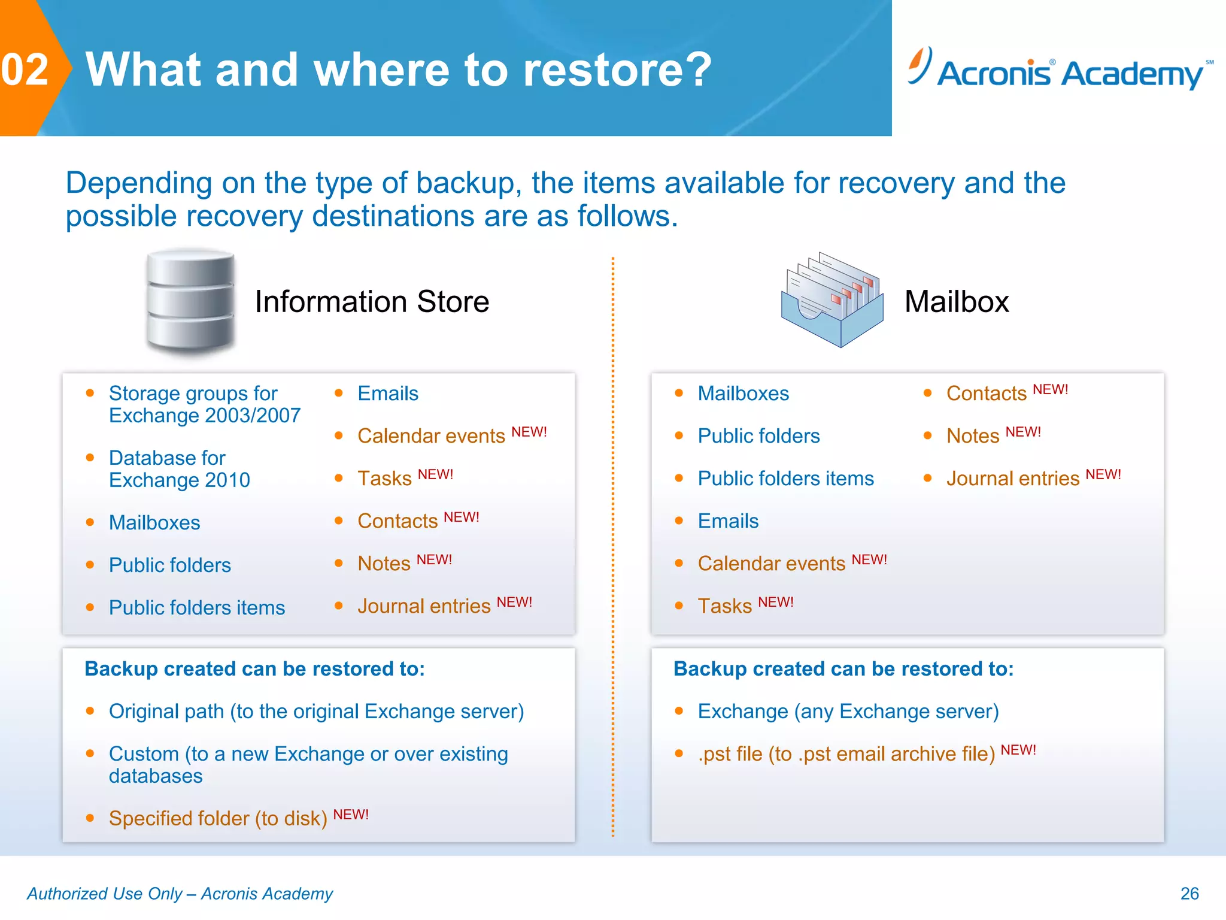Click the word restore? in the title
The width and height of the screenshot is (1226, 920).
(617, 70)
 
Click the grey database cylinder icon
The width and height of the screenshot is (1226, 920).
(190, 301)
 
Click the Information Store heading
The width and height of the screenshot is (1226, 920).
(372, 302)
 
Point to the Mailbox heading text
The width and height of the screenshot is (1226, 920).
(956, 302)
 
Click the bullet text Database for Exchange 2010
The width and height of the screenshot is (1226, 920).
(179, 469)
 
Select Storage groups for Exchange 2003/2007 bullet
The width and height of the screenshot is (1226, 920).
(204, 404)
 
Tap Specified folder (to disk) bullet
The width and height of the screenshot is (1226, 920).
(218, 818)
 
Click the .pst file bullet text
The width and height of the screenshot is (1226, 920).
(846, 754)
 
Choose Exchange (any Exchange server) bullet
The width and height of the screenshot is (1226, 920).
(848, 712)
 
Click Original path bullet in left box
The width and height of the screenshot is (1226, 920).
(316, 712)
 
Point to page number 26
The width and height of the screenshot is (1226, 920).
(1189, 894)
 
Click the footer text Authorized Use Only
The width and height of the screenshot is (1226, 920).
(180, 894)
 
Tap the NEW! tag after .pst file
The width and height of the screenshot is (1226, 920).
(1018, 750)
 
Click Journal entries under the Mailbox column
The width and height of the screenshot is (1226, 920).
(1012, 479)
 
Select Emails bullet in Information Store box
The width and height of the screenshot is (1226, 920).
(388, 394)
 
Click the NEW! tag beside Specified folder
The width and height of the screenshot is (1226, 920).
(351, 815)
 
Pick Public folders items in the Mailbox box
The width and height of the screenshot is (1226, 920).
(785, 479)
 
